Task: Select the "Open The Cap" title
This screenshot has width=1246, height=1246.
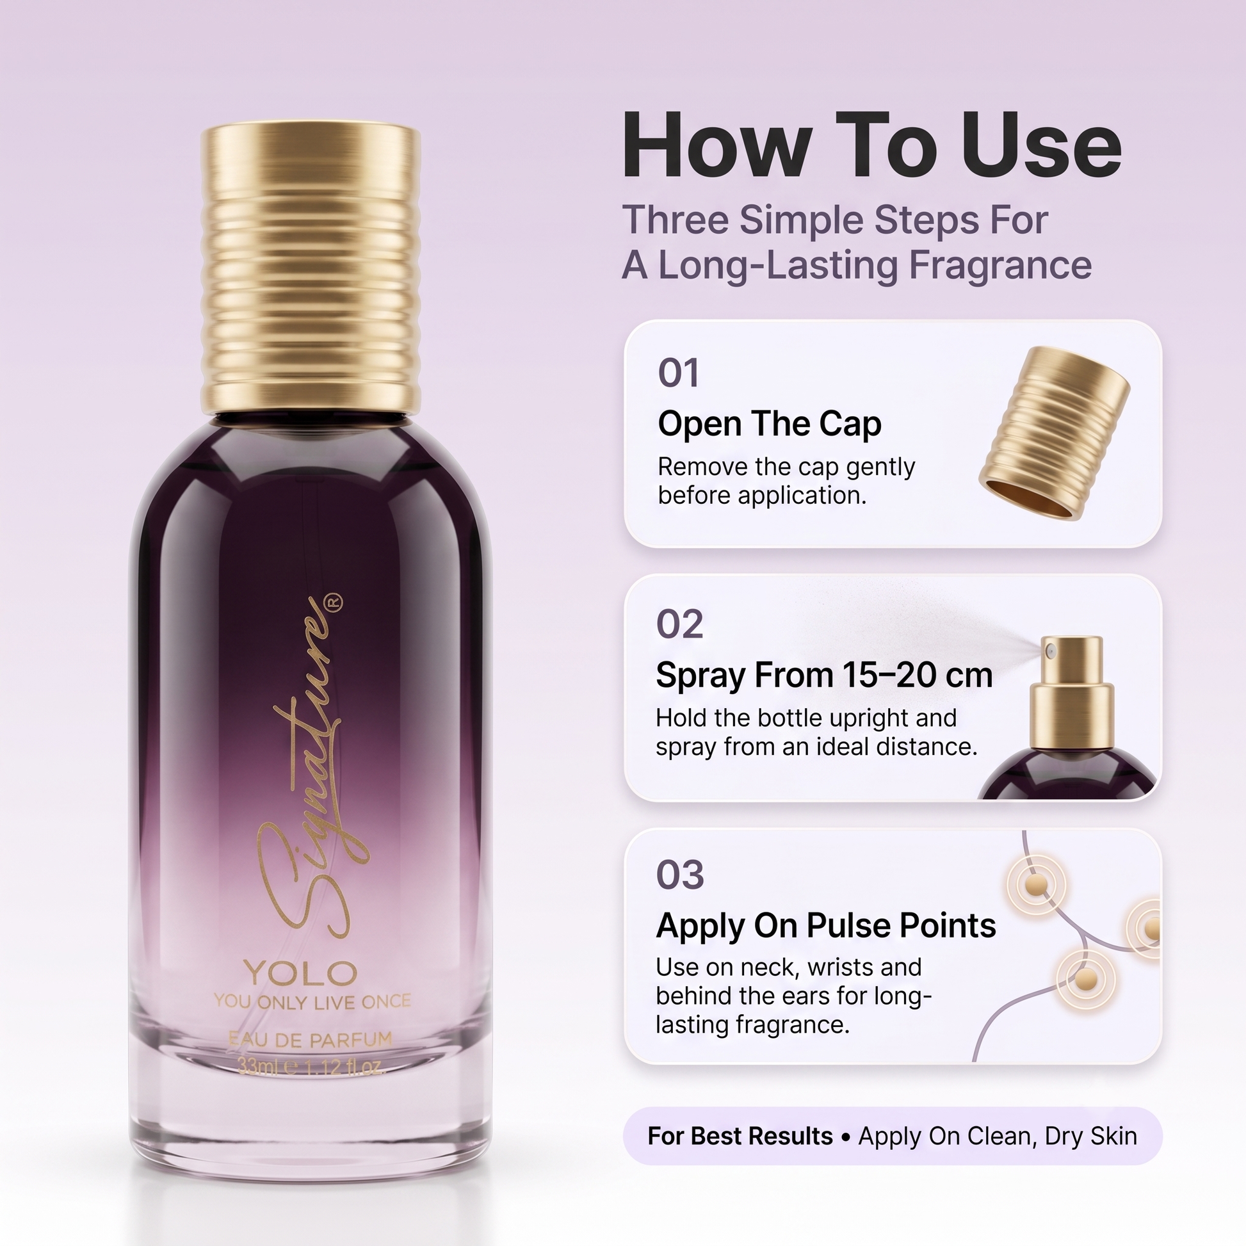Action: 770,424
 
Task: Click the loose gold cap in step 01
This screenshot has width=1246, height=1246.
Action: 1054,433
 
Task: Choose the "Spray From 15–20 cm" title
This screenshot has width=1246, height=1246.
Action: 824,676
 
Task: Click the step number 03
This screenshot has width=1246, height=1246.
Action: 680,875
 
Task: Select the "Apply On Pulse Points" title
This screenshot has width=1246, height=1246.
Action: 825,926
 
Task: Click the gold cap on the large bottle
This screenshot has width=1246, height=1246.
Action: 310,270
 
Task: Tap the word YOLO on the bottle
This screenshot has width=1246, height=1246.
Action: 300,973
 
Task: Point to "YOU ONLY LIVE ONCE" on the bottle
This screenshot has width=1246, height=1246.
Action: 312,1001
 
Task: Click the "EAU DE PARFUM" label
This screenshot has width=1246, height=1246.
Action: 310,1040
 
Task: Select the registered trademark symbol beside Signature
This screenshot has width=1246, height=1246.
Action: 336,603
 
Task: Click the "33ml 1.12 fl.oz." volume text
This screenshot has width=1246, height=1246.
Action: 311,1067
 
